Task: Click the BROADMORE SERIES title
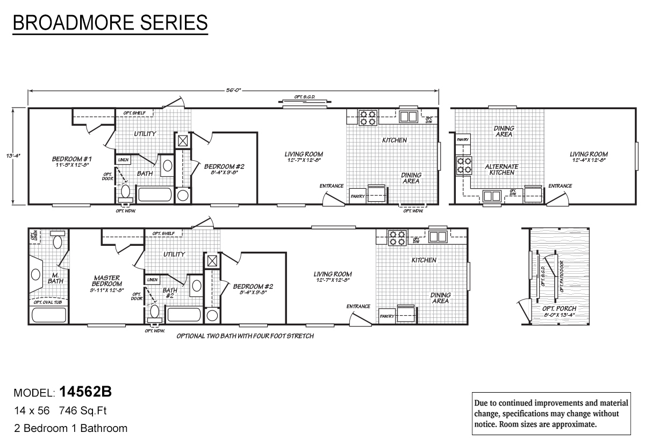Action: tap(110, 23)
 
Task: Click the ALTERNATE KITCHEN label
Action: tap(501, 169)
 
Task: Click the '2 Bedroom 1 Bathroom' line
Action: tap(70, 428)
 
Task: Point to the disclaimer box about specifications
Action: tap(552, 413)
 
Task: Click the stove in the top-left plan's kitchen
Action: tap(368, 117)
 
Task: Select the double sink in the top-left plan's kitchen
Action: tap(408, 117)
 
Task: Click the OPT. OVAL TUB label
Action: tap(48, 302)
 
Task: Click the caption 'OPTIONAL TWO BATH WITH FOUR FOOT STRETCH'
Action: tap(245, 336)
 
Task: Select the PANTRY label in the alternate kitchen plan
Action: tap(463, 140)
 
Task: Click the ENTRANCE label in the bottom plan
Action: tap(358, 307)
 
